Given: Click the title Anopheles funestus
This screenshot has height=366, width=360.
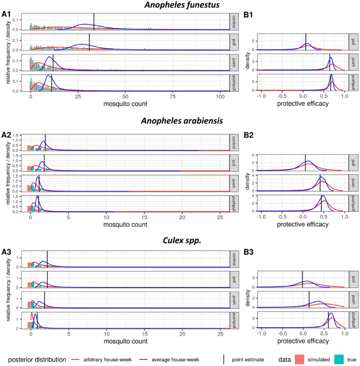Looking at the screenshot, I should click(x=179, y=6).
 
